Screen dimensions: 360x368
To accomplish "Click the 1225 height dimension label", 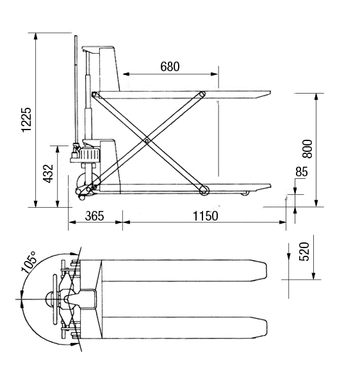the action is tap(26, 120).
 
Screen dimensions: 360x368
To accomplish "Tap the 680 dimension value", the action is tap(170, 67).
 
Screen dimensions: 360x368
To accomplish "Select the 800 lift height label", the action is tap(307, 149).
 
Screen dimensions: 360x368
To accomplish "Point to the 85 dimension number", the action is tap(301, 172).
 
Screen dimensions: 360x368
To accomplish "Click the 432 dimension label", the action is tap(49, 174).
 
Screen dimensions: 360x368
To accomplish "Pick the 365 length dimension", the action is tap(95, 216).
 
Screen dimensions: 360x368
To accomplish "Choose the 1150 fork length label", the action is tap(206, 216).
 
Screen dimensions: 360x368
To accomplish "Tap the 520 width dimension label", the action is tap(305, 251).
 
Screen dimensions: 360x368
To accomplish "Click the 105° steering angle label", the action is tap(29, 262).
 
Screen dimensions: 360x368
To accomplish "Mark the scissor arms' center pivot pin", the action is tap(147, 141).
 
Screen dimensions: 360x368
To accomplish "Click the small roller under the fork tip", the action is tap(246, 193).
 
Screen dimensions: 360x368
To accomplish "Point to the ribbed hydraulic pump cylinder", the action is tap(90, 155).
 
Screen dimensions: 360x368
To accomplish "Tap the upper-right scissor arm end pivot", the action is tap(202, 94).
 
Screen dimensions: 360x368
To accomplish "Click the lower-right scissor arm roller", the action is tap(204, 190).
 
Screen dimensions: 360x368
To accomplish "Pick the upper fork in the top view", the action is tap(184, 271).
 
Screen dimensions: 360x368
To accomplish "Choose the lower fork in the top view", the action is tap(184, 328).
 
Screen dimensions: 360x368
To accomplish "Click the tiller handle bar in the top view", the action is tap(55, 299).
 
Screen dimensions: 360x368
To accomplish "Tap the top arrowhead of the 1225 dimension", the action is tap(36, 37).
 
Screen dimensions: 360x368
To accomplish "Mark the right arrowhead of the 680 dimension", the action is tap(214, 74).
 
